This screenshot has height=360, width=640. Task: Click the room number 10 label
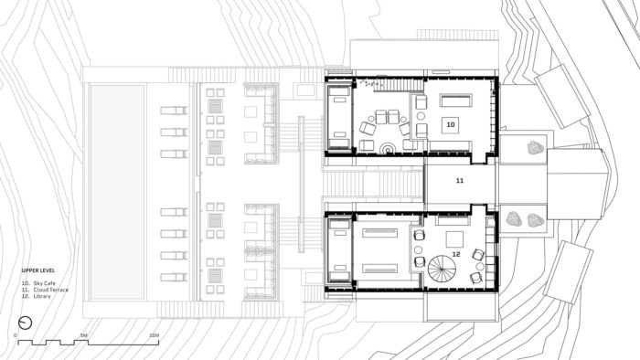pyautogui.click(x=451, y=124)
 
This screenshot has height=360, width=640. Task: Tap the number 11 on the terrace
pyautogui.click(x=460, y=181)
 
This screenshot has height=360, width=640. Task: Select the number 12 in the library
pyautogui.click(x=456, y=254)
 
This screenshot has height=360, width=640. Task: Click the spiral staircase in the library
pyautogui.click(x=442, y=269)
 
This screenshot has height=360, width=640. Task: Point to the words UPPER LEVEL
pyautogui.click(x=38, y=270)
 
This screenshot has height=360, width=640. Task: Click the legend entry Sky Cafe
pyautogui.click(x=45, y=283)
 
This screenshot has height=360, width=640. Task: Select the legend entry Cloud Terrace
pyautogui.click(x=51, y=290)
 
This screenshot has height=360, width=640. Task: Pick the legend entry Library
pyautogui.click(x=42, y=296)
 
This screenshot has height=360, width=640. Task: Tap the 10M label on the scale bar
pyautogui.click(x=154, y=335)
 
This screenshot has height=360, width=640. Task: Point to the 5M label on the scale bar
pyautogui.click(x=84, y=335)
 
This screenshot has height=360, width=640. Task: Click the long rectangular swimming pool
pyautogui.click(x=117, y=192)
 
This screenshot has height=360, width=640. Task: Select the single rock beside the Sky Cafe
pyautogui.click(x=536, y=147)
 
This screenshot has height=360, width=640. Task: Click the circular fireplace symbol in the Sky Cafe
pyautogui.click(x=386, y=149)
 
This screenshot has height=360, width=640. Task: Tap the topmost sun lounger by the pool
pyautogui.click(x=174, y=110)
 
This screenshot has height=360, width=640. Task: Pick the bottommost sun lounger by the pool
pyautogui.click(x=174, y=277)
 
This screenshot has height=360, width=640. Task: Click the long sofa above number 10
pyautogui.click(x=455, y=101)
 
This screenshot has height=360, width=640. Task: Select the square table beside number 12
pyautogui.click(x=454, y=239)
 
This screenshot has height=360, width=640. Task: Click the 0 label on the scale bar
pyautogui.click(x=16, y=335)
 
